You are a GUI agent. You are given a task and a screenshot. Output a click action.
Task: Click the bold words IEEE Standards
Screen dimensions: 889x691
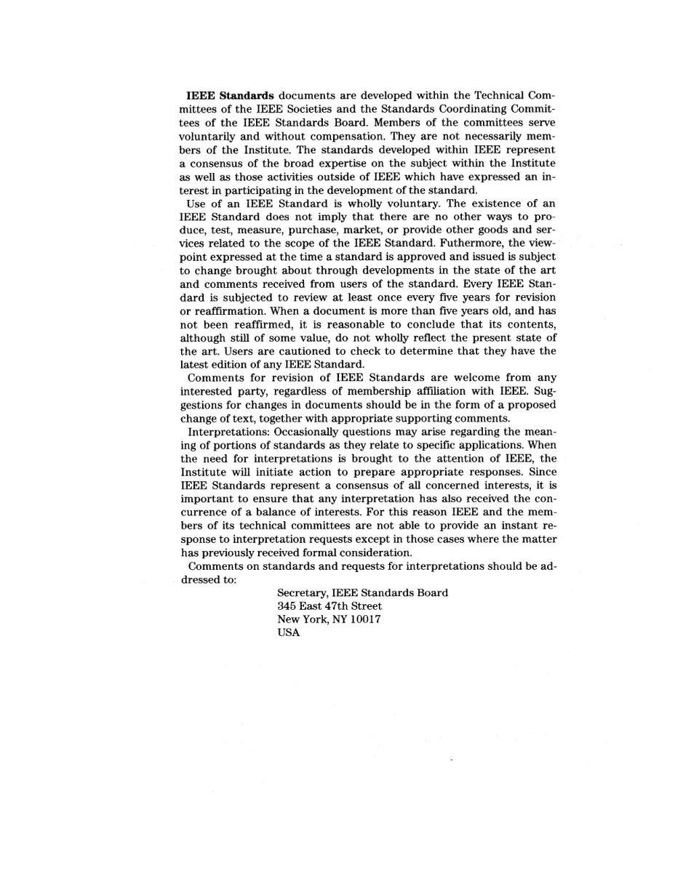(230, 96)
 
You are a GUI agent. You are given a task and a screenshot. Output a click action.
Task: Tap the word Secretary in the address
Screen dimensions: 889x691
(302, 593)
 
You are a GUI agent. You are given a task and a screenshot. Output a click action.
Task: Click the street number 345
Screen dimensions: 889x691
(287, 606)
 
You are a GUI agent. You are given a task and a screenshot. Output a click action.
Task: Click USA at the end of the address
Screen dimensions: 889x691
(288, 633)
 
